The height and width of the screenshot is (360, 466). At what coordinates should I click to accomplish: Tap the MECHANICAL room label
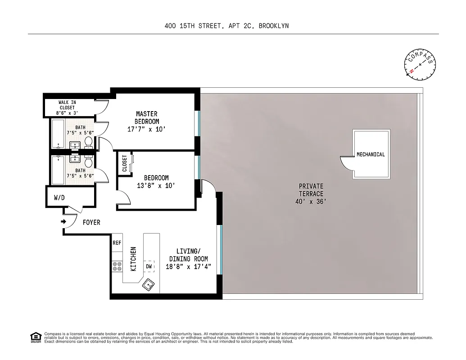pyautogui.click(x=371, y=154)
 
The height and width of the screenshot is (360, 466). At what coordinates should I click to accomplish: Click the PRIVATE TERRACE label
pyautogui.click(x=311, y=190)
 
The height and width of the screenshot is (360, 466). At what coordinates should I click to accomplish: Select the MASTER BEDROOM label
pyautogui.click(x=147, y=118)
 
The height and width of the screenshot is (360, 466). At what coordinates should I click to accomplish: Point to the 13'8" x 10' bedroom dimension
pyautogui.click(x=156, y=185)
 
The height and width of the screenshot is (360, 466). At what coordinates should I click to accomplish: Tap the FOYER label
pyautogui.click(x=91, y=222)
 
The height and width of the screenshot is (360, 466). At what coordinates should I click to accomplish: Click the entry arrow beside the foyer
pyautogui.click(x=63, y=221)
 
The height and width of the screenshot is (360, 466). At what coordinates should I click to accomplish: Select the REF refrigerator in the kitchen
pyautogui.click(x=117, y=243)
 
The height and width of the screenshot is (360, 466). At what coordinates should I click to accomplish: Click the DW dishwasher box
pyautogui.click(x=149, y=266)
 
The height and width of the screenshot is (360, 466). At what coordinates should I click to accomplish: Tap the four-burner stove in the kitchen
pyautogui.click(x=117, y=266)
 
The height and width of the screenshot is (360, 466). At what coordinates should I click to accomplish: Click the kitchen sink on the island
pyautogui.click(x=148, y=284)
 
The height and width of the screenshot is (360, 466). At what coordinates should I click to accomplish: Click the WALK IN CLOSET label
pyautogui.click(x=67, y=108)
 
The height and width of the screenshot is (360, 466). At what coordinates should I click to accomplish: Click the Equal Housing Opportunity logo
pyautogui.click(x=35, y=337)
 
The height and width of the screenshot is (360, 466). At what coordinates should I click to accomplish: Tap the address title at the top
pyautogui.click(x=227, y=26)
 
